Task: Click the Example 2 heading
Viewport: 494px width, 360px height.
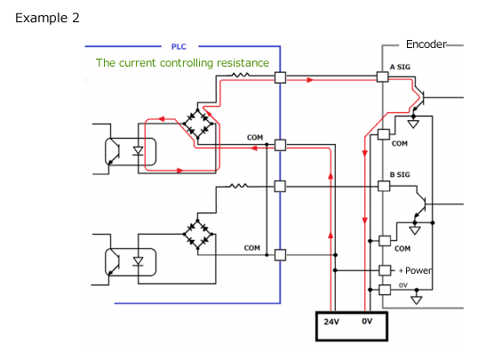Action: (x=47, y=18)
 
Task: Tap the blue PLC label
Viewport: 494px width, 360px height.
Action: (x=179, y=46)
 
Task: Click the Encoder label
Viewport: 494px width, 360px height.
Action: (x=426, y=44)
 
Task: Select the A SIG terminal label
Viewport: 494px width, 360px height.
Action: (x=400, y=67)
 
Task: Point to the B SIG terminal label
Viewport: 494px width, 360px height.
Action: (x=400, y=174)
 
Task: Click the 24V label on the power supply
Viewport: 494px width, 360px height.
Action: (x=331, y=322)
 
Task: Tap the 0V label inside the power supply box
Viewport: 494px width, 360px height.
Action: (x=367, y=321)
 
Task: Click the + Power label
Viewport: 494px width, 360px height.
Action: (x=415, y=270)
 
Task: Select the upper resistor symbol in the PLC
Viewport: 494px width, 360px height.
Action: (x=241, y=75)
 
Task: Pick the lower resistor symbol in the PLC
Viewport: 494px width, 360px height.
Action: (x=238, y=186)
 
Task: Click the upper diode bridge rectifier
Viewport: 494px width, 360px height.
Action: (x=198, y=124)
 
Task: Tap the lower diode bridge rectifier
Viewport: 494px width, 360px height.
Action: (x=198, y=234)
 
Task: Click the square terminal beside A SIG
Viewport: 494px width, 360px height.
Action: (x=382, y=76)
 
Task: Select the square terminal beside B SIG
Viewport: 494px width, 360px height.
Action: (x=384, y=186)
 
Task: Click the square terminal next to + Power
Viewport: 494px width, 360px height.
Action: (x=385, y=270)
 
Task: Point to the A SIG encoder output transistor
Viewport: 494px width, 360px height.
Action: (x=419, y=98)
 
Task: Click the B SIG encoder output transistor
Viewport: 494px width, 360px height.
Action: (x=420, y=204)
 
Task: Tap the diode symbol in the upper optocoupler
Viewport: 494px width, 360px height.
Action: (x=138, y=151)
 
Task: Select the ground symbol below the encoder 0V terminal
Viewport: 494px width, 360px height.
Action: (x=417, y=300)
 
